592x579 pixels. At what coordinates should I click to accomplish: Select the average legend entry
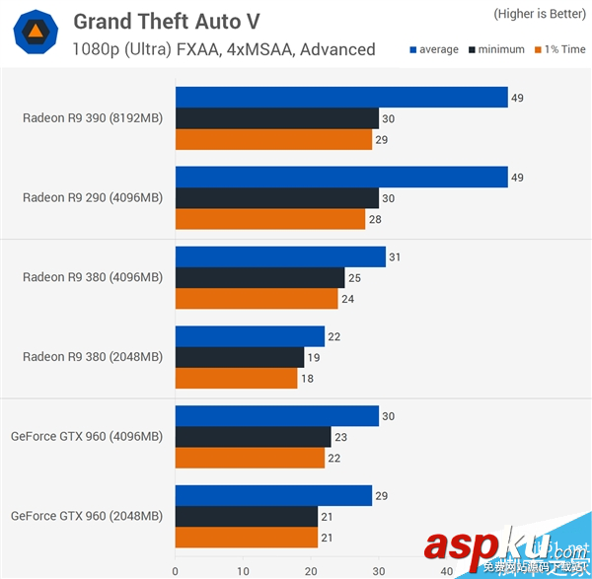(434, 49)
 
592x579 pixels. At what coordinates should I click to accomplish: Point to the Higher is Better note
(537, 14)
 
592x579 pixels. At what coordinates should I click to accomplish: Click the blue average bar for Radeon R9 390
(340, 97)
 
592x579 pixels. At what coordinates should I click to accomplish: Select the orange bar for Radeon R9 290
(270, 220)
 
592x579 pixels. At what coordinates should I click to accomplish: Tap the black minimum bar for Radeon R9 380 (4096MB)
(259, 278)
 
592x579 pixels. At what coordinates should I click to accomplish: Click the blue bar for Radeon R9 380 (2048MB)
(250, 336)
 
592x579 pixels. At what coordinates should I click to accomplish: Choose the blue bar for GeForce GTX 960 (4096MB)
(276, 416)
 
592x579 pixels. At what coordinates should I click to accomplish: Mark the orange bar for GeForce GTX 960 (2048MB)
(246, 538)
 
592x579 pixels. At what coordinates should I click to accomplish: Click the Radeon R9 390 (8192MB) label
(93, 118)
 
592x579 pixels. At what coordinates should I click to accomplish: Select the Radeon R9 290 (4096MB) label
(93, 197)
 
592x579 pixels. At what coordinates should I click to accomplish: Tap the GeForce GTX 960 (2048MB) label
(87, 515)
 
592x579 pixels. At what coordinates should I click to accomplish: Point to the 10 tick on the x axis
(243, 569)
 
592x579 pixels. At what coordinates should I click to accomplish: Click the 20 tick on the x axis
(311, 569)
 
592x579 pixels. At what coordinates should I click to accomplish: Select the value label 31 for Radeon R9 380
(395, 257)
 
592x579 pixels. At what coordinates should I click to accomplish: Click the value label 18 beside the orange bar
(307, 379)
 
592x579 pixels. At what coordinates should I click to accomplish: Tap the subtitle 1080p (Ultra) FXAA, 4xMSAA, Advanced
(224, 49)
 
